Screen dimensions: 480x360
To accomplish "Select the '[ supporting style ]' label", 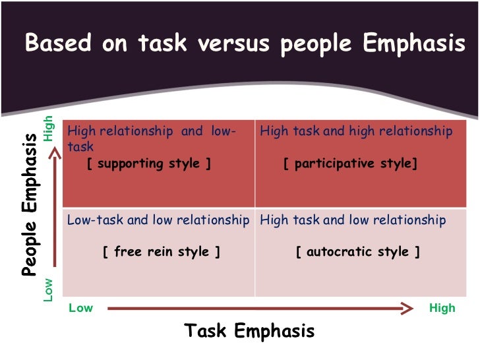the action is pyautogui.click(x=149, y=164).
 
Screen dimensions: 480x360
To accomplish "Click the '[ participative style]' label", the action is pyautogui.click(x=351, y=164).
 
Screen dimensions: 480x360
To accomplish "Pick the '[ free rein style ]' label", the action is pyautogui.click(x=162, y=252).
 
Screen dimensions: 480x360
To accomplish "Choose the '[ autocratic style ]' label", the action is pyautogui.click(x=358, y=252).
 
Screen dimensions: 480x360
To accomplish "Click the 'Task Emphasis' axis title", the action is pyautogui.click(x=249, y=330).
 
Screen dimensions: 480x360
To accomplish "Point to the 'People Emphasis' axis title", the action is pyautogui.click(x=29, y=204).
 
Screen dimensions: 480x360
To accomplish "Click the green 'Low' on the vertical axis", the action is pyautogui.click(x=48, y=290).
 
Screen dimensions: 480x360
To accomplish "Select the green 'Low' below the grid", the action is pyautogui.click(x=81, y=308).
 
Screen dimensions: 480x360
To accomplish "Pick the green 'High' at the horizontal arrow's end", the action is pyautogui.click(x=442, y=308).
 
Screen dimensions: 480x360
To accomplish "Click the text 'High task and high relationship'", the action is pyautogui.click(x=356, y=131).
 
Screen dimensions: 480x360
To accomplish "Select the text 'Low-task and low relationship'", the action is pyautogui.click(x=158, y=220).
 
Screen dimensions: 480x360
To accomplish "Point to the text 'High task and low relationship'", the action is pyautogui.click(x=353, y=220).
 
